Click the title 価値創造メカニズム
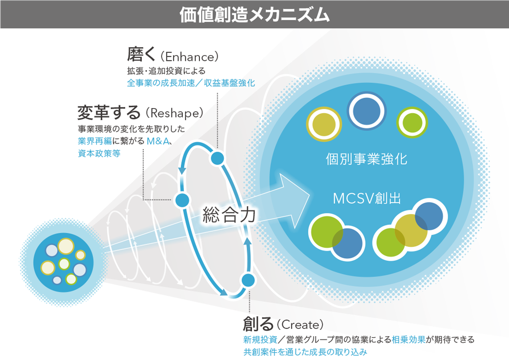pyautogui.click(x=254, y=14)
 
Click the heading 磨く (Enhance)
pyautogui.click(x=173, y=55)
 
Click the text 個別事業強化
pyautogui.click(x=367, y=158)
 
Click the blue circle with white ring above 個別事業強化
pyautogui.click(x=367, y=110)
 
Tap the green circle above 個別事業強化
pyautogui.click(x=412, y=124)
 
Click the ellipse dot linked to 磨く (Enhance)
pyautogui.click(x=217, y=158)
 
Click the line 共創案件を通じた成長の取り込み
pyautogui.click(x=305, y=352)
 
